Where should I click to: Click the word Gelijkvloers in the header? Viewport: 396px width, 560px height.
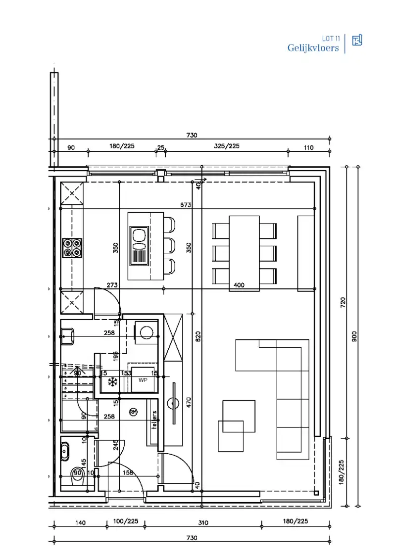click(x=313, y=48)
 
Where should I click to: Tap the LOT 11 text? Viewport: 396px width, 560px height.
click(x=331, y=38)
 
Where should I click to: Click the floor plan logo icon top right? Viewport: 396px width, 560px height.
click(x=357, y=41)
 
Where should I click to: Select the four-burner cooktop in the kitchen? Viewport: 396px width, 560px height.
click(x=72, y=248)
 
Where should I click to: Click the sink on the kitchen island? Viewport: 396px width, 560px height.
click(x=139, y=246)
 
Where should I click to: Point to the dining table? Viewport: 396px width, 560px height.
click(x=244, y=253)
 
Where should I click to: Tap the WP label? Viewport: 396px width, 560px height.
click(x=143, y=380)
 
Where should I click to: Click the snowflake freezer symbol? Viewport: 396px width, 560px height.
click(x=112, y=382)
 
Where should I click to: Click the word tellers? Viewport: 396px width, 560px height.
click(x=154, y=420)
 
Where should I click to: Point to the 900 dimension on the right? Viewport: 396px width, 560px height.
click(x=354, y=336)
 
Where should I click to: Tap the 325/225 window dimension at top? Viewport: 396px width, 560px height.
click(x=227, y=146)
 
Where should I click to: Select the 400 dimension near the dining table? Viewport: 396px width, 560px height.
click(x=239, y=285)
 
